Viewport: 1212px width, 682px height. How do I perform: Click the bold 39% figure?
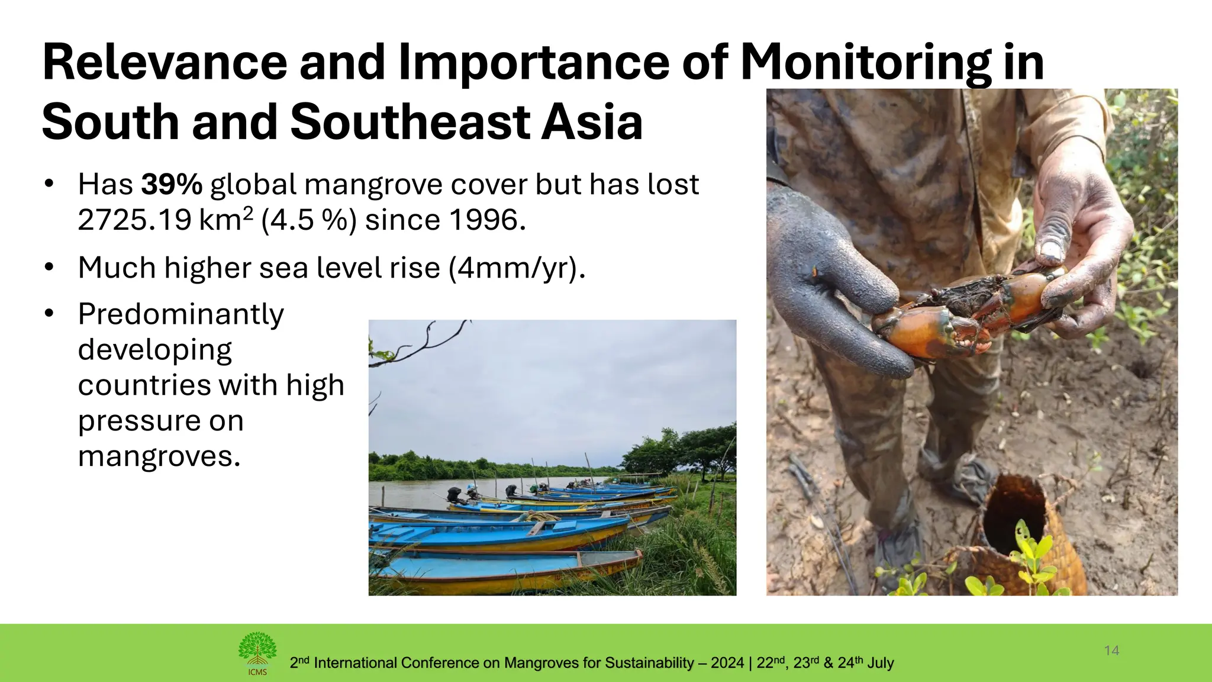click(x=172, y=185)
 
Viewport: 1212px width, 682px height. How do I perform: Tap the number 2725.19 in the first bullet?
click(x=135, y=220)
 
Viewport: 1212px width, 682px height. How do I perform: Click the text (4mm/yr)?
click(x=517, y=268)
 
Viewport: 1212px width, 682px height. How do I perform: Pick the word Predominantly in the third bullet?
click(x=181, y=314)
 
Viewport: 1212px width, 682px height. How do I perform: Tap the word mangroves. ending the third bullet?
click(x=159, y=456)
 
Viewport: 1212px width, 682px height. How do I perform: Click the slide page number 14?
click(x=1111, y=651)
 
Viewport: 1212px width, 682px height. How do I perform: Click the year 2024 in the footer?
click(x=727, y=663)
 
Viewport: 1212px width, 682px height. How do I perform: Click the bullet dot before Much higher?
click(x=49, y=268)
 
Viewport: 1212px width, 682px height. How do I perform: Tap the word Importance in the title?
click(x=534, y=63)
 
